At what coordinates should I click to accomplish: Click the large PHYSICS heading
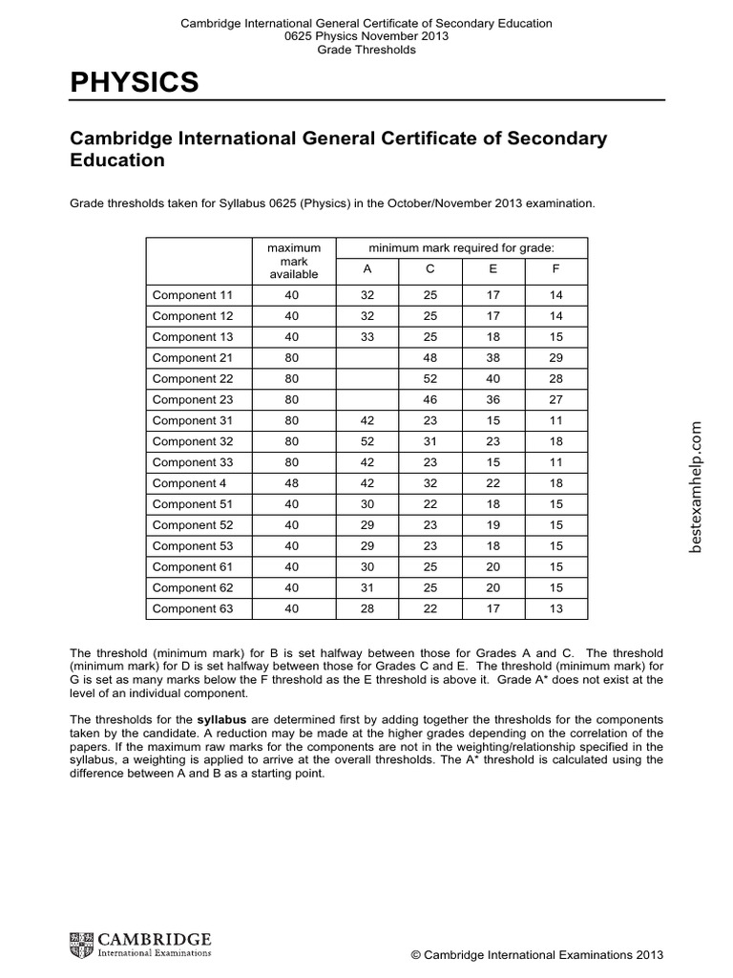[x=135, y=84]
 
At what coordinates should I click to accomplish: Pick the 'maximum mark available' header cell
[x=292, y=260]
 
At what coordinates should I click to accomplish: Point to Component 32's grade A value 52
[x=367, y=441]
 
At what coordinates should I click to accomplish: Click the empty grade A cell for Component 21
[x=367, y=358]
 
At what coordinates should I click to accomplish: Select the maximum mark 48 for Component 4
[x=292, y=483]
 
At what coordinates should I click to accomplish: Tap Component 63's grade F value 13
[x=556, y=609]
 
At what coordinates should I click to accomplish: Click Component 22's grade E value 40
[x=493, y=379]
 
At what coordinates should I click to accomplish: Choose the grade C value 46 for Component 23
[x=430, y=400]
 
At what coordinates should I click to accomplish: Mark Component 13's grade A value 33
[x=367, y=337]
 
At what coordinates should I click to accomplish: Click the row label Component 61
[x=189, y=567]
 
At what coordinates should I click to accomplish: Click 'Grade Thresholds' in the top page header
[x=366, y=50]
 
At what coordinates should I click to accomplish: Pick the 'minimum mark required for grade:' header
[x=461, y=247]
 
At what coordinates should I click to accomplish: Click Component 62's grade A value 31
[x=367, y=588]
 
